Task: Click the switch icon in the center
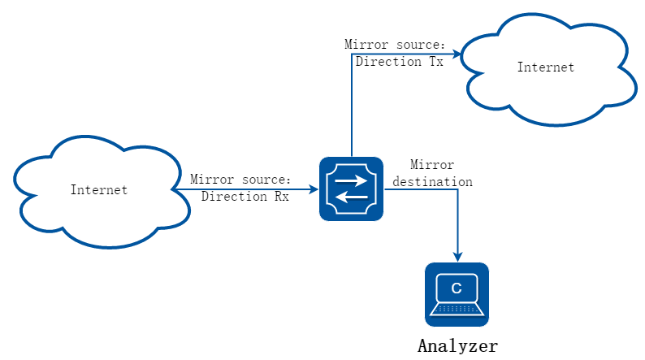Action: click(351, 189)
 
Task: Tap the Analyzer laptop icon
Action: click(457, 295)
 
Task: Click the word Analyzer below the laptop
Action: click(458, 346)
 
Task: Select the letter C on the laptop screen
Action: click(457, 288)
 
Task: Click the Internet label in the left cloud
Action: click(99, 189)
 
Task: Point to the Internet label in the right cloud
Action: click(546, 67)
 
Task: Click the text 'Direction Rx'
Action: click(245, 196)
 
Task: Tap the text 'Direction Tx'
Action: click(400, 62)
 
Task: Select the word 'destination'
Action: click(432, 182)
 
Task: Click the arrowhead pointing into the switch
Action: click(314, 189)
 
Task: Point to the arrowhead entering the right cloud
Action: click(457, 54)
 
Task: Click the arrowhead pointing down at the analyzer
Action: click(457, 257)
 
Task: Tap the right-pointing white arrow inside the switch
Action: click(351, 180)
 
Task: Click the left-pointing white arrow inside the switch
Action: click(351, 198)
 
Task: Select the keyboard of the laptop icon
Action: click(457, 309)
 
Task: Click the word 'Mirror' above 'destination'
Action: click(432, 165)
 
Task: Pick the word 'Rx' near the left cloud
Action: click(282, 196)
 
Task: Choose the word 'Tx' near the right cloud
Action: click(436, 62)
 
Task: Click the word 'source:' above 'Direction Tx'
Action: click(421, 45)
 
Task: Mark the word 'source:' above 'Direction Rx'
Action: click(266, 180)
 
